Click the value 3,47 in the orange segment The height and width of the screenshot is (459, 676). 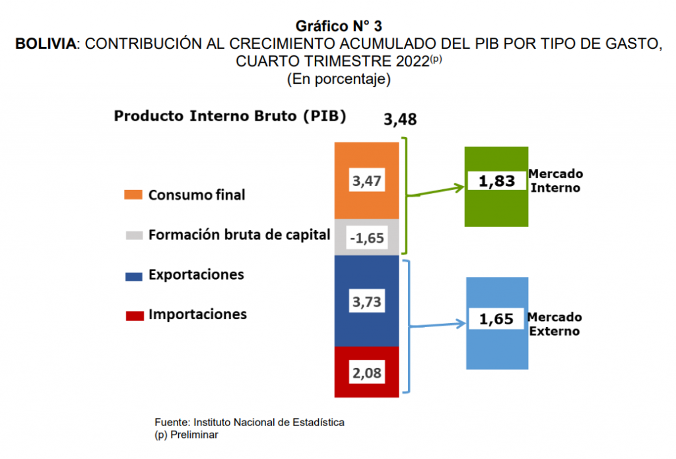[x=366, y=181]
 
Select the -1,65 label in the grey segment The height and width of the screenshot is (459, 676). [x=366, y=237]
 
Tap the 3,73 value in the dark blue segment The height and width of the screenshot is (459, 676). [x=366, y=301]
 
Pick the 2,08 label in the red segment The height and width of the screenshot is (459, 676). [x=366, y=373]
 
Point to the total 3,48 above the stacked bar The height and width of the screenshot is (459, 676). [x=400, y=120]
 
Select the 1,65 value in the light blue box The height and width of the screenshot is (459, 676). [x=496, y=319]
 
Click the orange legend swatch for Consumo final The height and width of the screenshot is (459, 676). [x=134, y=195]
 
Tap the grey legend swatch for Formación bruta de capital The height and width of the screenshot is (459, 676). [x=134, y=235]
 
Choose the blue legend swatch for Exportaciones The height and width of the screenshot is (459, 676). [x=134, y=276]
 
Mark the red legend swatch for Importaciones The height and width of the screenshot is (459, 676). [x=134, y=315]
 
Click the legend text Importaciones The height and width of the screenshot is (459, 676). [x=197, y=314]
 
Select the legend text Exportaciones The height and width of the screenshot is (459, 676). [x=196, y=274]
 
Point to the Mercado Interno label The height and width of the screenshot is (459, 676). [x=555, y=181]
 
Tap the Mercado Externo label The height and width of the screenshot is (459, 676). [x=555, y=324]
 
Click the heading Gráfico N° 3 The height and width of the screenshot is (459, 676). [x=339, y=26]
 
